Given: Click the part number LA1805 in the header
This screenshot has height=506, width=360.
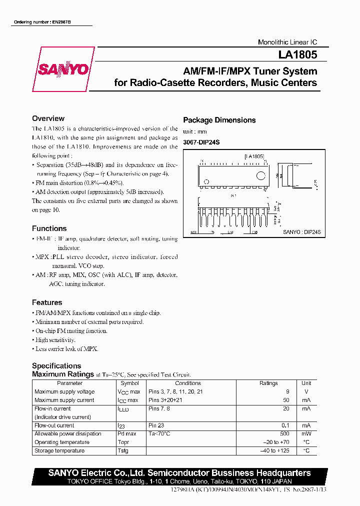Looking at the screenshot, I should (298, 56).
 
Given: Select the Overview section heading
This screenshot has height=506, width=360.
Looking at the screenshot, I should (48, 118).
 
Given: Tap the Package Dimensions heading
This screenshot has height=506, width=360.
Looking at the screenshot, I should (219, 120).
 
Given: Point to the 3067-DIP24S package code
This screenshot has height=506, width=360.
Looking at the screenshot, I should (201, 142).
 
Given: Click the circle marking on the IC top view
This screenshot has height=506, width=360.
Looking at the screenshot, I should (260, 175).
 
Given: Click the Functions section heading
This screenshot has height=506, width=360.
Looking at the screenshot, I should (49, 228).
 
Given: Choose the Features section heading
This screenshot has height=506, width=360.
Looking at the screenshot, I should (47, 302).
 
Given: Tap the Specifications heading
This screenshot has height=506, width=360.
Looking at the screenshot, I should (56, 365).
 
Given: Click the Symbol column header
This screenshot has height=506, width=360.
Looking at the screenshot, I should (130, 383).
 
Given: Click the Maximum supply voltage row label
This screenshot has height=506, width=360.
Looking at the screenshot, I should (64, 391).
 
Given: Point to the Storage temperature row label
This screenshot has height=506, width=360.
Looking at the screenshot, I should (59, 450).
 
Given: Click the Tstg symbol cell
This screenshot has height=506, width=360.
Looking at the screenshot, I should (123, 450).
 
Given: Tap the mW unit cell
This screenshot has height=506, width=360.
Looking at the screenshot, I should (306, 433).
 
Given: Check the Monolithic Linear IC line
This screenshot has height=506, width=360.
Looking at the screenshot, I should (287, 42).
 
